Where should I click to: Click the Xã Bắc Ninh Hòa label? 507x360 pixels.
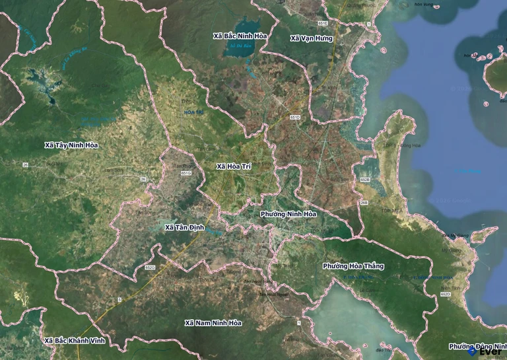(x=240, y=35)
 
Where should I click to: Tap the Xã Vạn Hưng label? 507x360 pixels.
(x=312, y=38)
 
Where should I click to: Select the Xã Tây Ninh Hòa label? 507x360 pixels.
(x=71, y=145)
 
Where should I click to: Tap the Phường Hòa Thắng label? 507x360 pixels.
(x=353, y=266)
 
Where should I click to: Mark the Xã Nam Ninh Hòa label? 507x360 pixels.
(x=213, y=323)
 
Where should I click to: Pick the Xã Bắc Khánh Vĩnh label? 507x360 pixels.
(x=74, y=341)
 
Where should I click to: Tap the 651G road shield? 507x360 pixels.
(x=186, y=173)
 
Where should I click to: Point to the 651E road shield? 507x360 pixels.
(x=323, y=23)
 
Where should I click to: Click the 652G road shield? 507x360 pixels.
(x=150, y=268)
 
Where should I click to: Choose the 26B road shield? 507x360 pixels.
(x=364, y=203)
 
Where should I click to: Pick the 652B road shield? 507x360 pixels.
(x=365, y=180)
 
